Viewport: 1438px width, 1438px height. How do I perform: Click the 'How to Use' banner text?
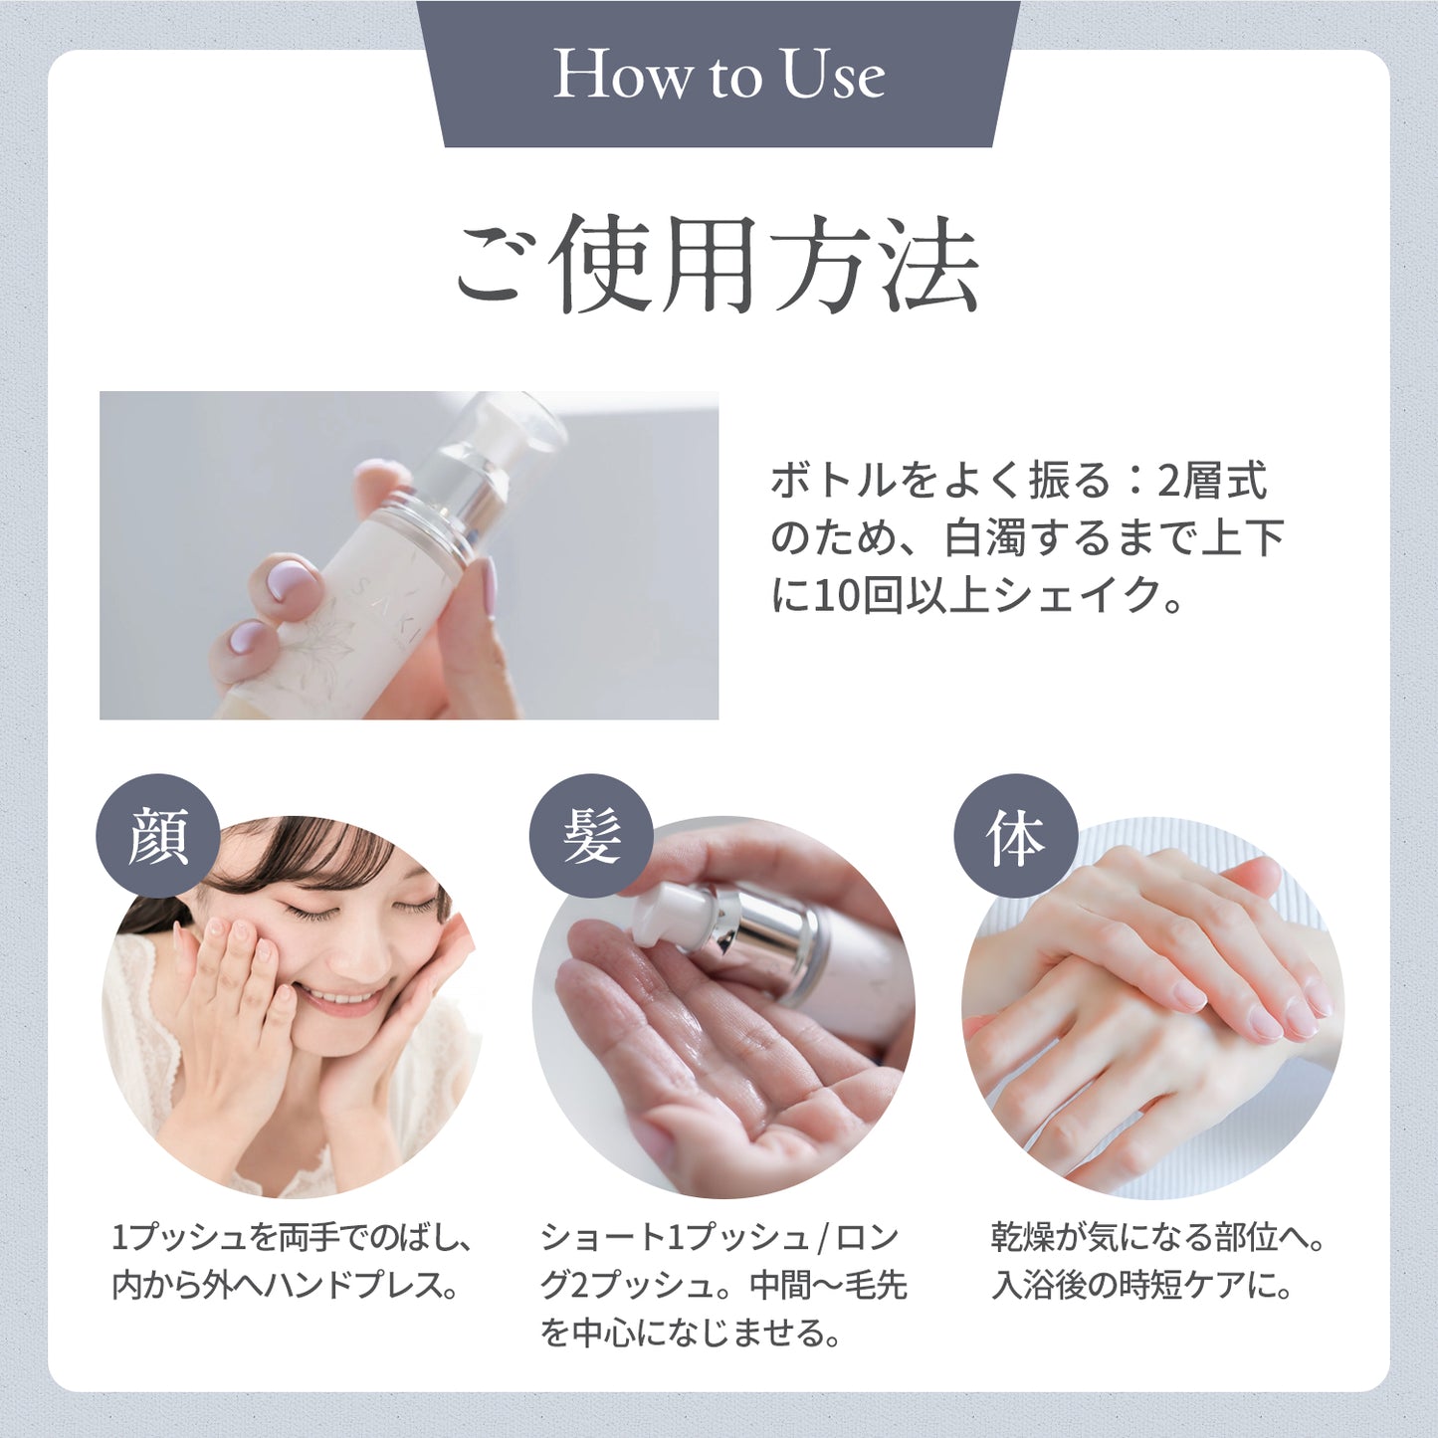(719, 76)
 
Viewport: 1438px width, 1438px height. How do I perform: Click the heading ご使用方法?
(719, 264)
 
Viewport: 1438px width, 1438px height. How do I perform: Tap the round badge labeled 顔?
(157, 836)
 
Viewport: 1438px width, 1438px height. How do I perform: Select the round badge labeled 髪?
(591, 836)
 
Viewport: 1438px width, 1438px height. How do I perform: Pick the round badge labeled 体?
(1015, 836)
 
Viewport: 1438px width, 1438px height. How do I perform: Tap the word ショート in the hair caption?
(601, 1237)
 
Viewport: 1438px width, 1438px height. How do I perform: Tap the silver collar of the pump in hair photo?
(766, 935)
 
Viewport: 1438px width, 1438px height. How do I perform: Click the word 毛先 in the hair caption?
(876, 1285)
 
